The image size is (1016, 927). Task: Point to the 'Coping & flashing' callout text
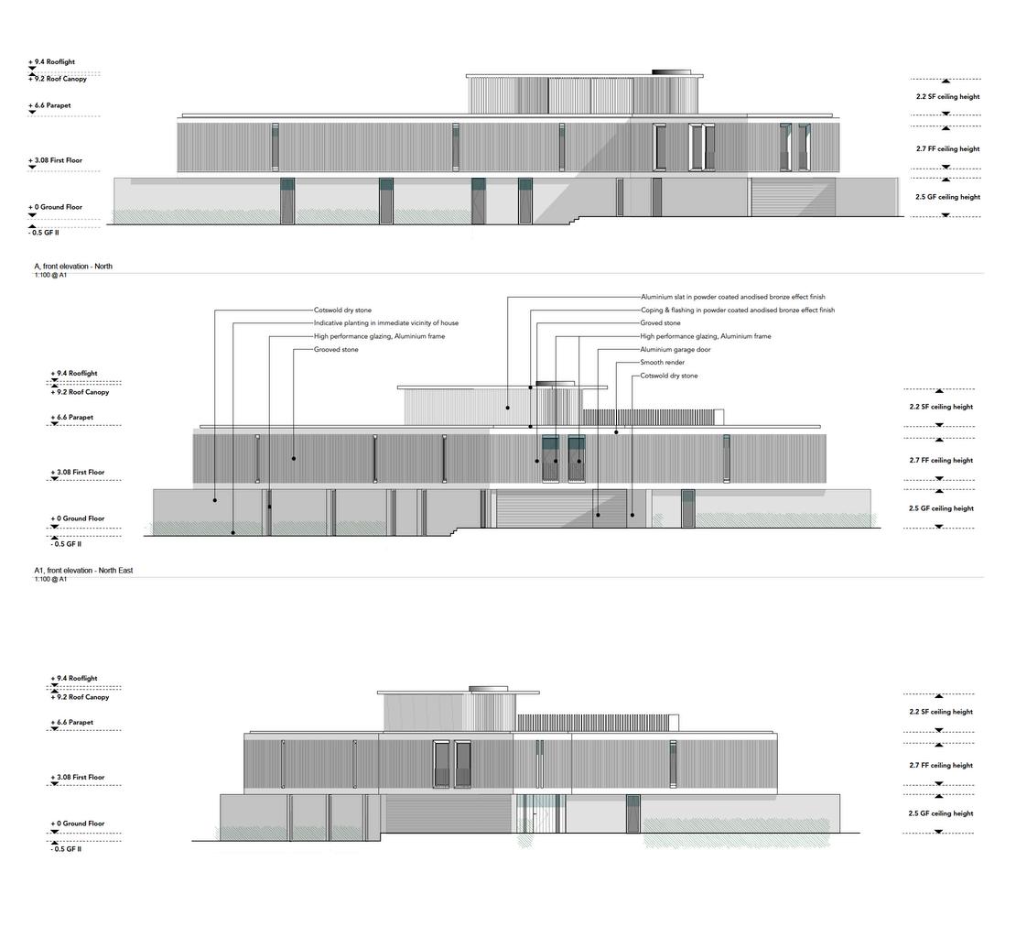point(737,311)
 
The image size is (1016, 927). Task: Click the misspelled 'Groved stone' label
point(660,323)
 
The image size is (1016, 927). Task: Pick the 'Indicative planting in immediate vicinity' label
point(386,323)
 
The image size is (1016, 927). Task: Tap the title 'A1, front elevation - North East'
point(83,571)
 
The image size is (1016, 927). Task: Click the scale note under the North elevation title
point(50,275)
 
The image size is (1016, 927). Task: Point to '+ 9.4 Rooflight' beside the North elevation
point(51,62)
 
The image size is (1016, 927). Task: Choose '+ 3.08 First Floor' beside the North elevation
point(55,160)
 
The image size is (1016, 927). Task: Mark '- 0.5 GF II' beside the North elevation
point(46,233)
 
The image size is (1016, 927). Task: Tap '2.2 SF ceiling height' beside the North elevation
point(947,96)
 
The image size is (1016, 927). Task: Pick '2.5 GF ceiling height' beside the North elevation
point(947,197)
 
